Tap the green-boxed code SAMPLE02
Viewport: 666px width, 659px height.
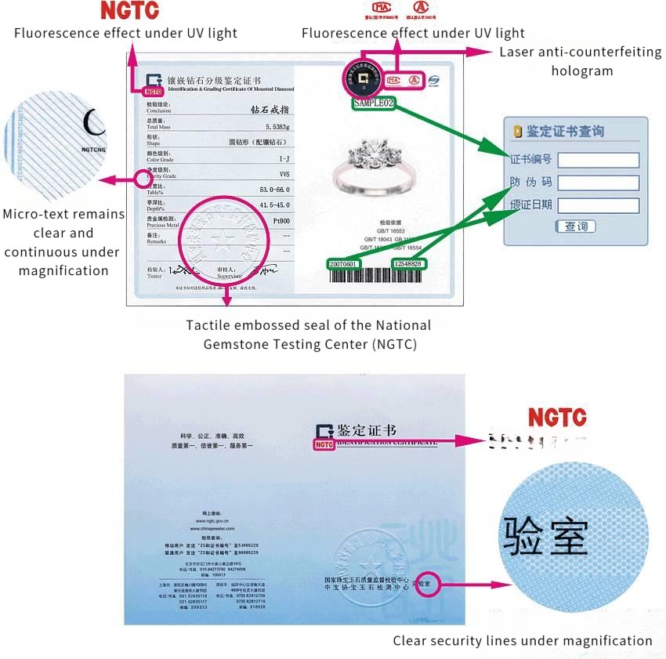click(374, 103)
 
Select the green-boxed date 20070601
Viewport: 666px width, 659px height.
click(342, 264)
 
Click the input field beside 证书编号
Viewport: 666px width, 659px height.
click(598, 160)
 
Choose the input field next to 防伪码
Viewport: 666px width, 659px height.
click(598, 183)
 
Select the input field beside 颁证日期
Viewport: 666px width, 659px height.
click(598, 205)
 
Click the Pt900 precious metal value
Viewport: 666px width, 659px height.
click(281, 222)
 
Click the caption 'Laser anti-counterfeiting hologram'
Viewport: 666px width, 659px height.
click(581, 61)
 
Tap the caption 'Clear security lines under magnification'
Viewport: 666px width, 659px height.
click(523, 640)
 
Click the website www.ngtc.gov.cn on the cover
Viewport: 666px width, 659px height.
click(212, 520)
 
